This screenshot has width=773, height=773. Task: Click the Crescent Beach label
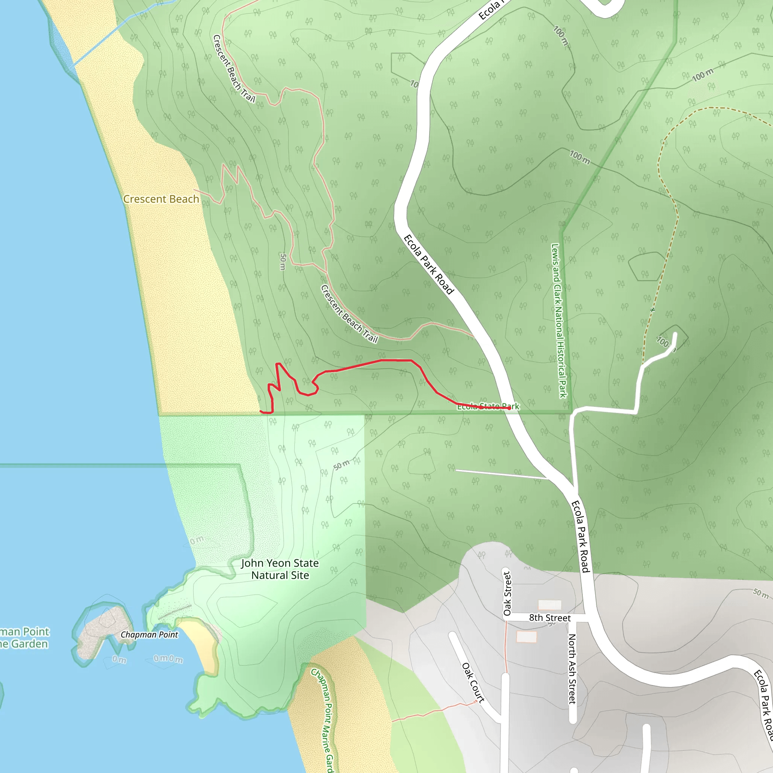(161, 199)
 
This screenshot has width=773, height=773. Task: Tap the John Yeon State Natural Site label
(280, 569)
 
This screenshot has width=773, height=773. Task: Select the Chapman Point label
(149, 634)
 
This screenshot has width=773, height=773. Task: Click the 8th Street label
(550, 618)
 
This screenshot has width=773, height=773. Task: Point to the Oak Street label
(507, 593)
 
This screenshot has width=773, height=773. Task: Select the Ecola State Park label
(488, 407)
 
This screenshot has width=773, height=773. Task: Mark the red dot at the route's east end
(509, 408)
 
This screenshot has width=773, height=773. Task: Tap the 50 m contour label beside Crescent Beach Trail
(283, 262)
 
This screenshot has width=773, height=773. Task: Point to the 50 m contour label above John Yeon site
(341, 465)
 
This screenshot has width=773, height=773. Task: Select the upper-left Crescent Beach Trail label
(234, 68)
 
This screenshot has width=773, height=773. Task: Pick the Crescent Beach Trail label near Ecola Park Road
(349, 314)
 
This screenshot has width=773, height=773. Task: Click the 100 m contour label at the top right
(702, 75)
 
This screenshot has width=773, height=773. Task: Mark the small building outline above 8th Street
(550, 605)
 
